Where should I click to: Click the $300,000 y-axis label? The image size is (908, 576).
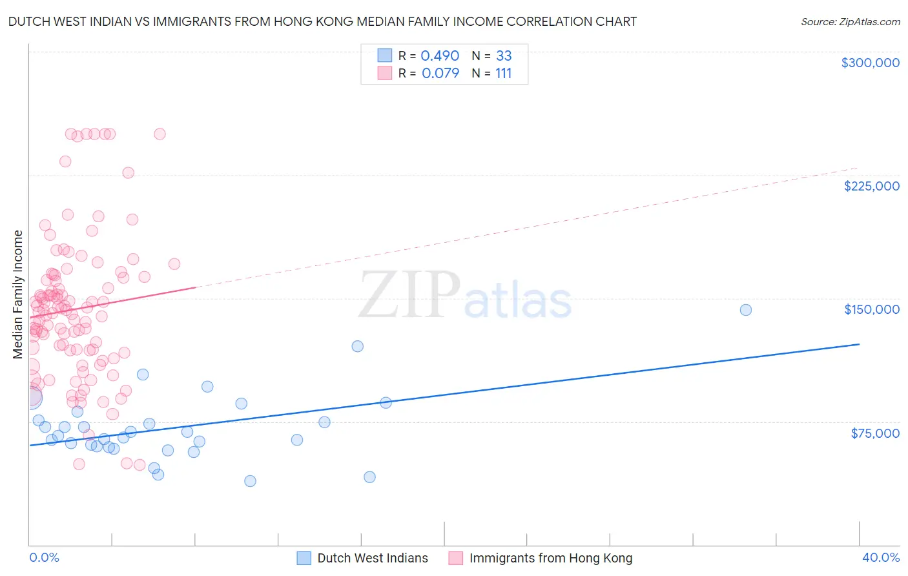(870, 63)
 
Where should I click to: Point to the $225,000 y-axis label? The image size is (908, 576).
(871, 186)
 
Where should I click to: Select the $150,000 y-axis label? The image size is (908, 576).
(871, 309)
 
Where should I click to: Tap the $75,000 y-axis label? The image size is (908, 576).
(874, 433)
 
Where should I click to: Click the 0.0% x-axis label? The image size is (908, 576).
(44, 557)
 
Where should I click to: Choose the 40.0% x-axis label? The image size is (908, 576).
(880, 557)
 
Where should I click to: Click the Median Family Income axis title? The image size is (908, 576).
(18, 294)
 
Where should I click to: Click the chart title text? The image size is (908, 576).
(322, 22)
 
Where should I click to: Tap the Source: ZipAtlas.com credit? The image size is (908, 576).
(850, 22)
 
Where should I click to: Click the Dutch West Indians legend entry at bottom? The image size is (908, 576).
(372, 558)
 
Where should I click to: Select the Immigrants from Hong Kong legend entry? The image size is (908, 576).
(550, 558)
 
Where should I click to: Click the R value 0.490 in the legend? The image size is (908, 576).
(440, 56)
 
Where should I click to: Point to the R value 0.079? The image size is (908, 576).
(440, 74)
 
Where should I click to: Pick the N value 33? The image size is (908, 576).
(504, 56)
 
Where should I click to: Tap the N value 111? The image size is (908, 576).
(503, 74)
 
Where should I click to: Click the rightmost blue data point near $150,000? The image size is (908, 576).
(745, 310)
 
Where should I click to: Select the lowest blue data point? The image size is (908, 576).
(250, 481)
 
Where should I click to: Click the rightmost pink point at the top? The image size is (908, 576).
(160, 134)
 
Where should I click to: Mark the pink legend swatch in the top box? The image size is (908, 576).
(385, 73)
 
